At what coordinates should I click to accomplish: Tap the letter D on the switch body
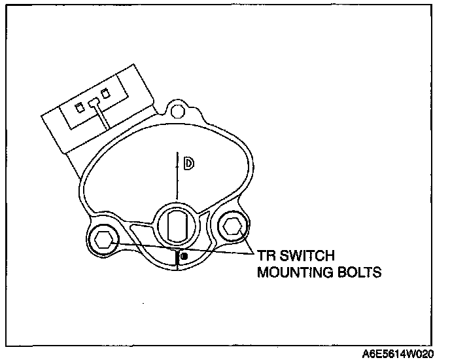pos(188,164)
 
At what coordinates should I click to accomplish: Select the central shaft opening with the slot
pos(175,226)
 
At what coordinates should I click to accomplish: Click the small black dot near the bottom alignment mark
pos(184,256)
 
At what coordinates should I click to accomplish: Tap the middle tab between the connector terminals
pos(93,102)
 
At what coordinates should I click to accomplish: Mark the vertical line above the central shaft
pos(176,177)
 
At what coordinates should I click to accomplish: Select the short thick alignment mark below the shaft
pos(176,258)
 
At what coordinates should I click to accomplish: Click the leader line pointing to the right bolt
pos(248,245)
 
